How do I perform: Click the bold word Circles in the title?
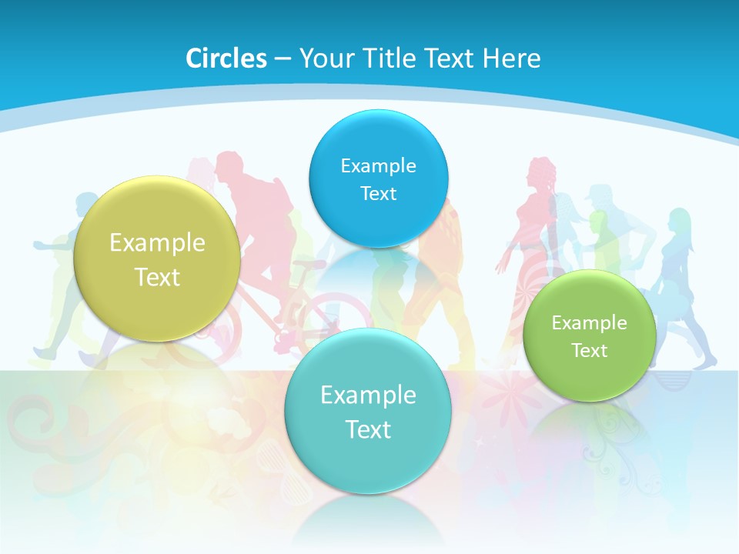tap(226, 58)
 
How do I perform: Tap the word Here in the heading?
tap(511, 58)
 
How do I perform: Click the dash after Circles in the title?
tap(283, 59)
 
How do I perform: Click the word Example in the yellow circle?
tap(157, 243)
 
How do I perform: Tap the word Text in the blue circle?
tap(378, 193)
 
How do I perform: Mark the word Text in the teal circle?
tap(367, 429)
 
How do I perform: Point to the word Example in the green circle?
tap(590, 323)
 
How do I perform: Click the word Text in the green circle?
tap(590, 351)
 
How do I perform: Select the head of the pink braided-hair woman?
tap(540, 171)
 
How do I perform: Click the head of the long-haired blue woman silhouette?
tap(679, 219)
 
